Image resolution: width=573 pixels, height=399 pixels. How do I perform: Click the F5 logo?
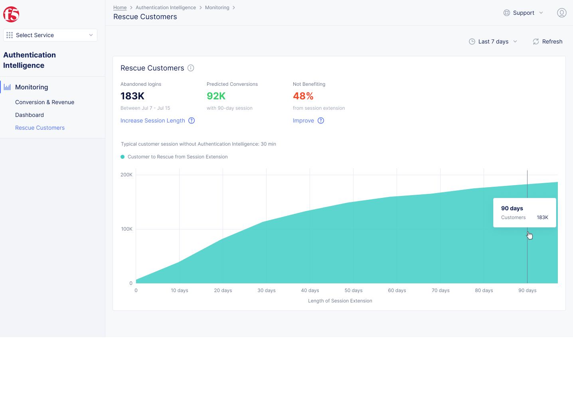[x=11, y=14]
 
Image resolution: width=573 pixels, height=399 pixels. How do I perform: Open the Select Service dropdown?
[x=50, y=35]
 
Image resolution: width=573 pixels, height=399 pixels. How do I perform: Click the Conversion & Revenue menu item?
[x=45, y=102]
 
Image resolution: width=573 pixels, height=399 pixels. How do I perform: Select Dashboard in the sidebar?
[x=30, y=115]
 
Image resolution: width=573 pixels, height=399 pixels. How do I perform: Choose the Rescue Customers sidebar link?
[x=40, y=128]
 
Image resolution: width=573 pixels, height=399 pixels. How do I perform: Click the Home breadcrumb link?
[x=120, y=8]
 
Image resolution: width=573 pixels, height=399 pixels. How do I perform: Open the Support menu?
[x=523, y=13]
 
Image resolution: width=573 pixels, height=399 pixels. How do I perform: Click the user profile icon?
[x=561, y=13]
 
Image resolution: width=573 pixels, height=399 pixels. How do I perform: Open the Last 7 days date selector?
[x=493, y=41]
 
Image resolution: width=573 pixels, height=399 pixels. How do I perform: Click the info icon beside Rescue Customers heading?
[x=191, y=68]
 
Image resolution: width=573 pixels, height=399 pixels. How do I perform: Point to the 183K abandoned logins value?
[x=132, y=96]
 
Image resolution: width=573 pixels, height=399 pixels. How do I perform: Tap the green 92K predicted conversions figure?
[x=216, y=96]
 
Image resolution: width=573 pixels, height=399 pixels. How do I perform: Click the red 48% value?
[x=303, y=96]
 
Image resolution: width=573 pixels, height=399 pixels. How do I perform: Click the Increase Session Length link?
[x=153, y=120]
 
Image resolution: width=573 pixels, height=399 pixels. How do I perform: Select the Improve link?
[x=303, y=120]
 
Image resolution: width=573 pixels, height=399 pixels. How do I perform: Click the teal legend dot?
[x=123, y=157]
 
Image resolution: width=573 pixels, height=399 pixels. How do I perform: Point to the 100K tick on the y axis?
[x=127, y=229]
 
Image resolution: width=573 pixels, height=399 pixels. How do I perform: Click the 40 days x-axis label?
[x=310, y=290]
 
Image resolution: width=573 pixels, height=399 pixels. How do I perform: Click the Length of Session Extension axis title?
[x=340, y=301]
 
